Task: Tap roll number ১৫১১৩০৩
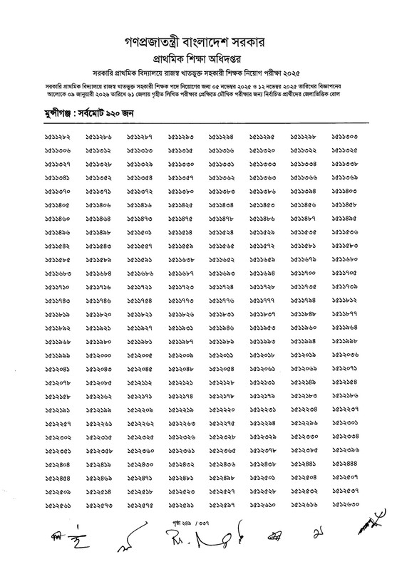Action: [x=347, y=135]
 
